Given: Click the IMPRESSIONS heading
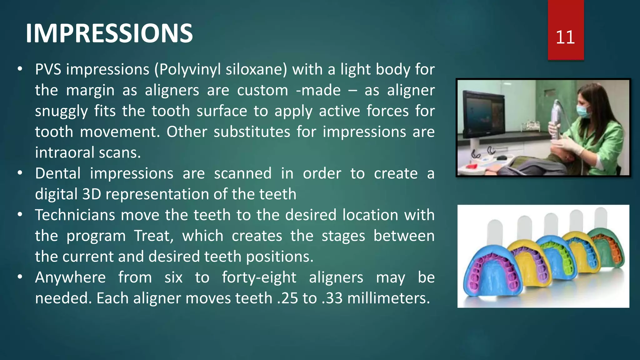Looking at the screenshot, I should tap(109, 33).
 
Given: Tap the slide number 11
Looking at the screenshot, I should tap(565, 37).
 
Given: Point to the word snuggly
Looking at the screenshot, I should tap(61, 111).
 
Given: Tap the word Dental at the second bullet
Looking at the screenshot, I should tap(58, 173).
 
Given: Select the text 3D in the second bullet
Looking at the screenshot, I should tap(92, 194).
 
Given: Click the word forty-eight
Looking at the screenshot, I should tap(259, 277).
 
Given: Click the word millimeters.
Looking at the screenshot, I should tap(388, 298).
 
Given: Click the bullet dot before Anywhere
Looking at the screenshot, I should tap(20, 277).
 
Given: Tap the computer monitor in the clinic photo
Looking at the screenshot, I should tap(483, 114).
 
